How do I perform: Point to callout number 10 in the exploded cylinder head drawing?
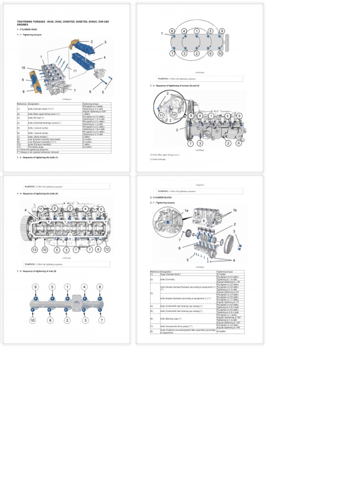23,68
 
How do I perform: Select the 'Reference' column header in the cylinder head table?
22,104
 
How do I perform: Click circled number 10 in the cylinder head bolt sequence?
220,53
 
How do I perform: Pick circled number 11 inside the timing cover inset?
161,115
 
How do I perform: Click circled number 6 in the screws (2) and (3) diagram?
238,143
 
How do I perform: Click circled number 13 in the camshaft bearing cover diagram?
34,250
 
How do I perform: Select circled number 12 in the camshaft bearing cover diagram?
107,249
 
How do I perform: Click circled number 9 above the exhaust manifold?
35,286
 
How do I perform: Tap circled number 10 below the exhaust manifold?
33,320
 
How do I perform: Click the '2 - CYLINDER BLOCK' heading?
162,197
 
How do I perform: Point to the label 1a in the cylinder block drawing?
186,211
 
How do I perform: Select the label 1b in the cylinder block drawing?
234,210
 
